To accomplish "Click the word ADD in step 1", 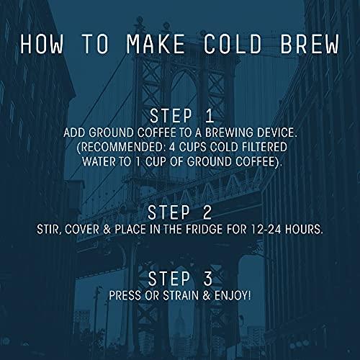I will [x=96, y=134].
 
